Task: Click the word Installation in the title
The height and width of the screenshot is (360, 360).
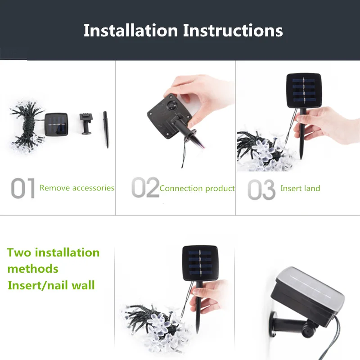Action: pyautogui.click(x=130, y=31)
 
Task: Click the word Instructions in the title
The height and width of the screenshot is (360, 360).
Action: pyautogui.click(x=233, y=31)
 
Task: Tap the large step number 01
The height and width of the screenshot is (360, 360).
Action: pyautogui.click(x=23, y=188)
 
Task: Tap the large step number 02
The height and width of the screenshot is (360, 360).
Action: pyautogui.click(x=145, y=187)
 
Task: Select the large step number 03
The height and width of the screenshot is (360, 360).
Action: pyautogui.click(x=261, y=189)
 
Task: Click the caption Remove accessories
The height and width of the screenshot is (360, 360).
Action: pyautogui.click(x=76, y=188)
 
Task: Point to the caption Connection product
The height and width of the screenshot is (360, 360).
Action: pyautogui.click(x=197, y=189)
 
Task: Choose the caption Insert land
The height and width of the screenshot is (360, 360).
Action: pyautogui.click(x=300, y=188)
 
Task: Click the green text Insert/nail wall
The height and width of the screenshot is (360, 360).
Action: pyautogui.click(x=51, y=285)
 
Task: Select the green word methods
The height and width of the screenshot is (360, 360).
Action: pyautogui.click(x=33, y=269)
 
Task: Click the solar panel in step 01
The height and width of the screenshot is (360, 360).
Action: pyautogui.click(x=56, y=125)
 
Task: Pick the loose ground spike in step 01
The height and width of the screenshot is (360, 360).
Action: pyautogui.click(x=106, y=129)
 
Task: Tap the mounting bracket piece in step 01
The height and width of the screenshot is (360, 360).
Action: pyautogui.click(x=86, y=124)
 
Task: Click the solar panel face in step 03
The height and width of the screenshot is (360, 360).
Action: pyautogui.click(x=303, y=90)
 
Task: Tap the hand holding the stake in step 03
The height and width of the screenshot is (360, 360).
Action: pyautogui.click(x=326, y=125)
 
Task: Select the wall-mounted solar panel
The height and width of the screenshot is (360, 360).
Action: pyautogui.click(x=307, y=297)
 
